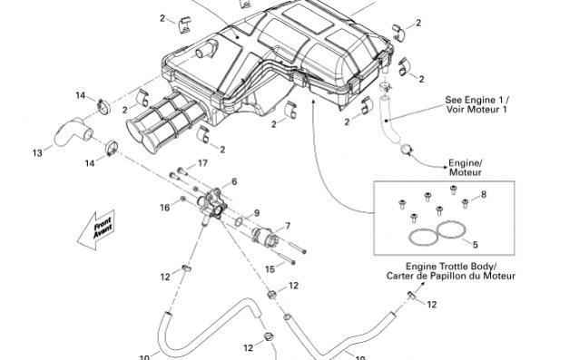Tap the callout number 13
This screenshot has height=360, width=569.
37,153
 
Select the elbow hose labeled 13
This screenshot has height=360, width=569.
74,132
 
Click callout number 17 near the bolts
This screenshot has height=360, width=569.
202,163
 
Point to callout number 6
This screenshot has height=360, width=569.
234,181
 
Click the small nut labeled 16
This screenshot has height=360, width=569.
183,199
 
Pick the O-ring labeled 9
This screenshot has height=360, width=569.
240,221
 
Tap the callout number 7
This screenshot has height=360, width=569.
288,226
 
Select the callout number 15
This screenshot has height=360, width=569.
270,269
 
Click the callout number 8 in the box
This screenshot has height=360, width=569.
484,194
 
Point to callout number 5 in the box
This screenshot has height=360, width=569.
475,245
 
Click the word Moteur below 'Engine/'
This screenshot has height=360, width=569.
466,172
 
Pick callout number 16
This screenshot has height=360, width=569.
165,208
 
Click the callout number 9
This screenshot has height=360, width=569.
257,213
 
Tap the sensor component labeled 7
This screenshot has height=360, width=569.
264,237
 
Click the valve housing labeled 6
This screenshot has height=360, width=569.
212,204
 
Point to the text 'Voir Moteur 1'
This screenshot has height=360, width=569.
476,109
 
